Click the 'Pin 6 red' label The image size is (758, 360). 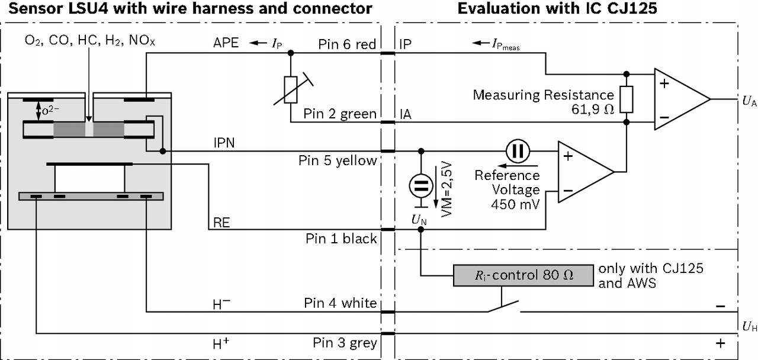pyautogui.click(x=348, y=44)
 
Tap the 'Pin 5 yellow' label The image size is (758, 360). pyautogui.click(x=338, y=160)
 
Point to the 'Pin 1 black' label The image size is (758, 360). pyautogui.click(x=341, y=238)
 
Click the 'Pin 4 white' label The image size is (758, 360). pyautogui.click(x=341, y=303)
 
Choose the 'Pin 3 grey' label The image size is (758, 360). pyautogui.click(x=345, y=343)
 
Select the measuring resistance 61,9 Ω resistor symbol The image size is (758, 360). pyautogui.click(x=627, y=99)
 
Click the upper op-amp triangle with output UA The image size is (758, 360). pyautogui.click(x=678, y=99)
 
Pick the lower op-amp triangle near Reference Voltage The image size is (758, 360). pyautogui.click(x=583, y=172)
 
